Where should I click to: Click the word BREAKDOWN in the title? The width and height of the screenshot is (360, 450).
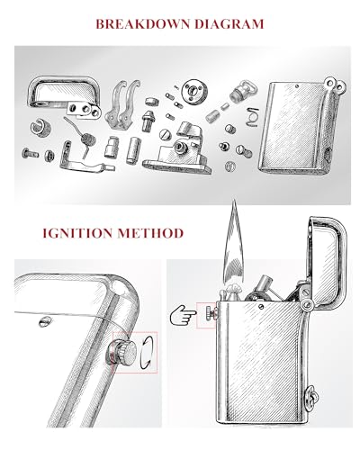(143, 24)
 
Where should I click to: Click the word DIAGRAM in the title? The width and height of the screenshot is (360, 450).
(229, 24)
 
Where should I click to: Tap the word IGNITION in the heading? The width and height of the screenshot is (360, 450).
(77, 233)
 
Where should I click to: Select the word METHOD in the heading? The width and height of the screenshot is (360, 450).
(150, 233)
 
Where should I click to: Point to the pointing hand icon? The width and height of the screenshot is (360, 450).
(183, 315)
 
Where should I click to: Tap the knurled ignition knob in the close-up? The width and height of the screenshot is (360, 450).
(123, 352)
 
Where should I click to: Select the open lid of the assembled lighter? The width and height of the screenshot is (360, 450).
(327, 261)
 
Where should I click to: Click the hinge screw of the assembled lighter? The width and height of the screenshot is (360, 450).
(307, 305)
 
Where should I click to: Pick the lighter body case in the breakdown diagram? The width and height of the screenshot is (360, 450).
(300, 128)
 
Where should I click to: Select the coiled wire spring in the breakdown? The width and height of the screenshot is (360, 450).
(88, 140)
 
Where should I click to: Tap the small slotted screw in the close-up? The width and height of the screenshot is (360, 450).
(44, 321)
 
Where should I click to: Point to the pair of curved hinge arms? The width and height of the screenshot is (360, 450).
(123, 104)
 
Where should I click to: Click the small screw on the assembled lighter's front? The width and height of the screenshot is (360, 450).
(261, 307)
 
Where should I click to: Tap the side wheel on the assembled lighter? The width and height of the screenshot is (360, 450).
(210, 313)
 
